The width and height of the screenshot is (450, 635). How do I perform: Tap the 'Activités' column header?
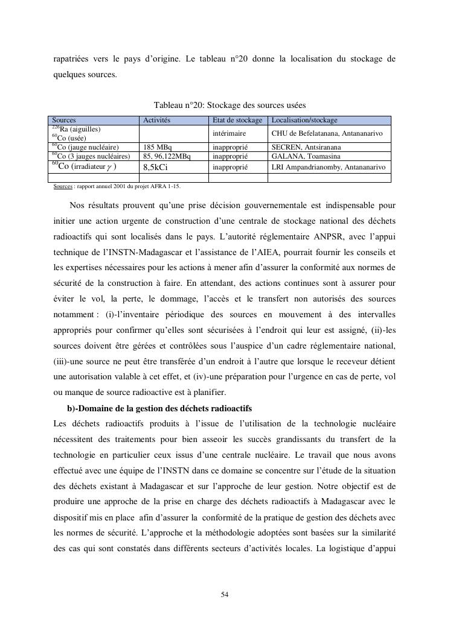[x=157, y=121]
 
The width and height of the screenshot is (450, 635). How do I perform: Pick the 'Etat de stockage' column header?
[x=237, y=121]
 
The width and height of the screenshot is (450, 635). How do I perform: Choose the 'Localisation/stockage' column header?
[x=304, y=121]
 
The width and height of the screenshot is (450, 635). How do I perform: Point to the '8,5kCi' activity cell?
[x=155, y=167]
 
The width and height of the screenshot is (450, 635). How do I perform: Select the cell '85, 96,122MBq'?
[x=167, y=156]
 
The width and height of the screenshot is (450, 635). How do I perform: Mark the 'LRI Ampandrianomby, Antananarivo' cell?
[x=328, y=167]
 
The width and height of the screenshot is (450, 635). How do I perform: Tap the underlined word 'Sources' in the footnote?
[x=62, y=187]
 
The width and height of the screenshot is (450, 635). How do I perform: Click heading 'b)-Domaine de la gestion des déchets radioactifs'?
[x=159, y=409]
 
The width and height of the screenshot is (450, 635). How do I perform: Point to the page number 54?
[x=225, y=595]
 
